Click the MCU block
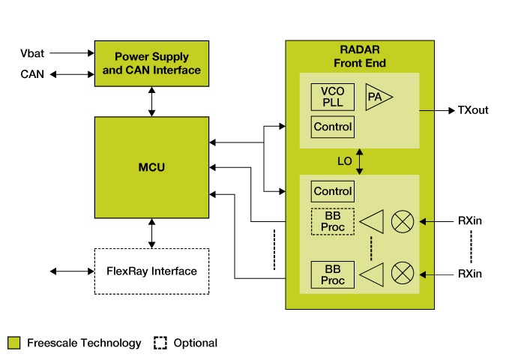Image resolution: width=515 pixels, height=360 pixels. coord(151,167)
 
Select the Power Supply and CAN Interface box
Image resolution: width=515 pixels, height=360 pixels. coord(151,64)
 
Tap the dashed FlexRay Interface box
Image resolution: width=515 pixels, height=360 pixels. coord(151,271)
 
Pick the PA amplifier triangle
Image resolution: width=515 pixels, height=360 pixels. coord(377,97)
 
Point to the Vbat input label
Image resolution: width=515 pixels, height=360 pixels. coord(33,53)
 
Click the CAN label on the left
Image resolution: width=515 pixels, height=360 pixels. coord(33,73)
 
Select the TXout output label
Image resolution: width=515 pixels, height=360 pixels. coord(473,110)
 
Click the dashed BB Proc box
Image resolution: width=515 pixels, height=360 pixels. coord(332,222)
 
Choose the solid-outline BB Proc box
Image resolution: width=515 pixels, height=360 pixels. coord(332,274)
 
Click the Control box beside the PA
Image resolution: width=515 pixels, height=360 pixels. coord(332,127)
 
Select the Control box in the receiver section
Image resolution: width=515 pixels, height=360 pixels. coord(332,191)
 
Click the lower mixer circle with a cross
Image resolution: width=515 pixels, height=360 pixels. coord(403,274)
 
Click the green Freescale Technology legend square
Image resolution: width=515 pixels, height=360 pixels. coord(13,343)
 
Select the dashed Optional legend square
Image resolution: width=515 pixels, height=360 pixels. coord(160,343)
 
